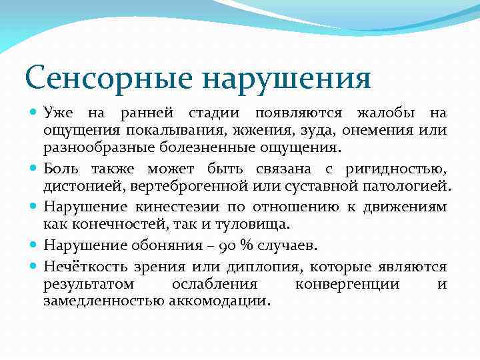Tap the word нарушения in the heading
pos(286,79)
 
